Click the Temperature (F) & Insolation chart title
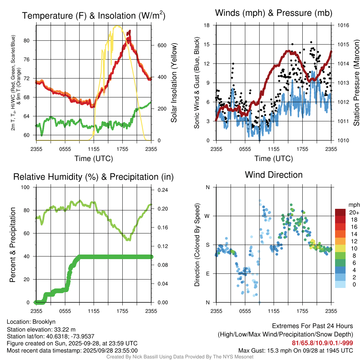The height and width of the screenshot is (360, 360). (x=94, y=15)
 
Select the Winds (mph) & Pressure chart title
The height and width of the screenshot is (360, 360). (x=274, y=13)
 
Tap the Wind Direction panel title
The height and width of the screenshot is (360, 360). (x=274, y=175)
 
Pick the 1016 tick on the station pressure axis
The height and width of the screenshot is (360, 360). (x=342, y=25)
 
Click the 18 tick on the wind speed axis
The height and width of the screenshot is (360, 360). (x=207, y=25)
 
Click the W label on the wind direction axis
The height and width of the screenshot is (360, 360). (x=207, y=216)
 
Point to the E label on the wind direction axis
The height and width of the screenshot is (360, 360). (x=208, y=274)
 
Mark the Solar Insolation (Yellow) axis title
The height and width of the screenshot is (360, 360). (x=174, y=83)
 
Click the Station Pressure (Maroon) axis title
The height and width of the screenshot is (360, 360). (x=356, y=83)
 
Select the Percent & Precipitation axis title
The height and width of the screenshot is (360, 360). (x=13, y=245)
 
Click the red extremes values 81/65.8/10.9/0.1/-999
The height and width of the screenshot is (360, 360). (x=322, y=343)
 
